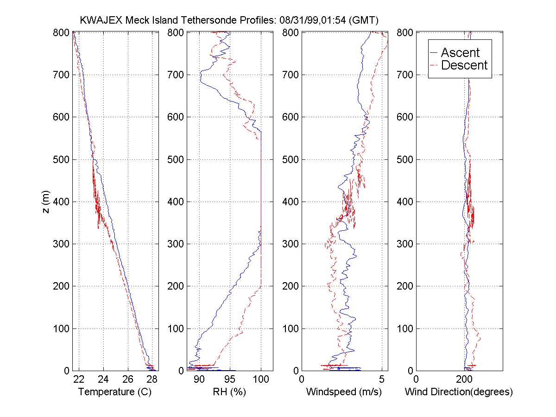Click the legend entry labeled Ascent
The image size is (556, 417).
460,52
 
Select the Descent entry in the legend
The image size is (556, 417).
464,65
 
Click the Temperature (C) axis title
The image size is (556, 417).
115,392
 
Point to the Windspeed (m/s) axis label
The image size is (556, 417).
344,392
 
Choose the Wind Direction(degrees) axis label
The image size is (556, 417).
459,392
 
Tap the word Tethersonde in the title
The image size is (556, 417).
208,20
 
